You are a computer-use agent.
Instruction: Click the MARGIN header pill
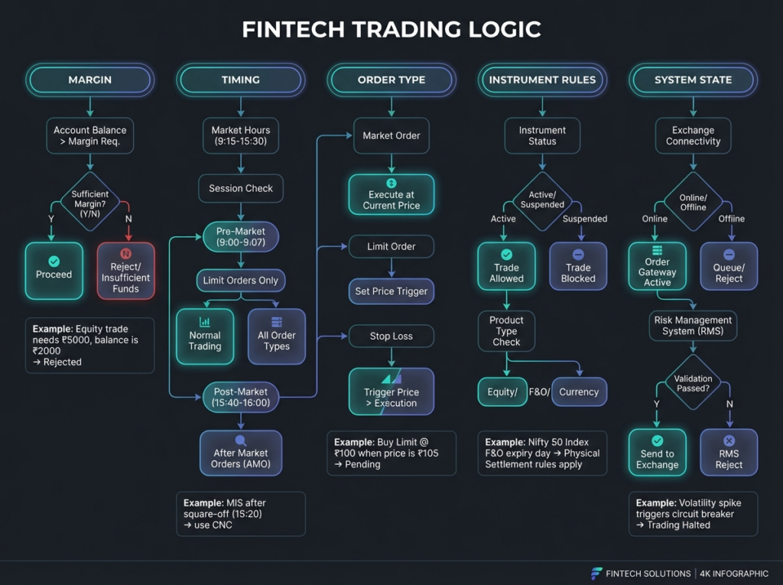point(90,80)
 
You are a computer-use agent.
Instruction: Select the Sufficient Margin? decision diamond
point(90,202)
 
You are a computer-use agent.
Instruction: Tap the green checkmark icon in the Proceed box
point(54,262)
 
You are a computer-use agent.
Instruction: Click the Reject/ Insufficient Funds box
point(126,271)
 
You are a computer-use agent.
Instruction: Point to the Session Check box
point(241,188)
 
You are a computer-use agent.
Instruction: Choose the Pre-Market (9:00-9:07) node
point(241,237)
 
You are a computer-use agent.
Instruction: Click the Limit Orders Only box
point(241,280)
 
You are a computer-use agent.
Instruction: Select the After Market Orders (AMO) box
point(241,453)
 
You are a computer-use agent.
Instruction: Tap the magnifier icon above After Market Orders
point(241,440)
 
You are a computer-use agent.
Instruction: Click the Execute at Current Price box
point(391,194)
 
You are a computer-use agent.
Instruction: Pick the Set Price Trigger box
point(391,291)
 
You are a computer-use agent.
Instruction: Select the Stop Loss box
point(391,336)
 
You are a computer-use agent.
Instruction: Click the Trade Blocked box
point(578,266)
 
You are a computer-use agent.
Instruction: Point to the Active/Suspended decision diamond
point(542,201)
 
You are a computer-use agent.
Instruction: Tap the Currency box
point(580,392)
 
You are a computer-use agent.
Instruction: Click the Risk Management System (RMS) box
point(693,326)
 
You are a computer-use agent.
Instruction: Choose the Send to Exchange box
point(657,453)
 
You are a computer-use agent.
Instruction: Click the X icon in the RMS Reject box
point(729,440)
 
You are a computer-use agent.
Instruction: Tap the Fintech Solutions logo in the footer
point(596,574)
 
